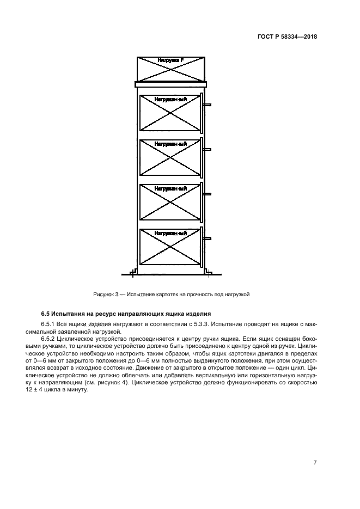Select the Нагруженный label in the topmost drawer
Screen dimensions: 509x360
click(x=170, y=99)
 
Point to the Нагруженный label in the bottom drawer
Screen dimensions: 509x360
click(x=170, y=233)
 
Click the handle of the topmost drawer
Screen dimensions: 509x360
click(x=207, y=105)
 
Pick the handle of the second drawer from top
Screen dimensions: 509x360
click(x=207, y=149)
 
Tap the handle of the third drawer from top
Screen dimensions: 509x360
click(x=207, y=194)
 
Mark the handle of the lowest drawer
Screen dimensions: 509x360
click(x=207, y=238)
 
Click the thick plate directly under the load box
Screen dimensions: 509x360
click(x=170, y=84)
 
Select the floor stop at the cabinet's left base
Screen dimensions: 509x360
click(x=133, y=272)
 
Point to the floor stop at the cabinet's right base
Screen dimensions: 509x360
click(x=209, y=272)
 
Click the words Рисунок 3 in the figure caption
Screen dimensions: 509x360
click(x=105, y=295)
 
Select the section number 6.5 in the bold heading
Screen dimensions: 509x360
click(x=46, y=315)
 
